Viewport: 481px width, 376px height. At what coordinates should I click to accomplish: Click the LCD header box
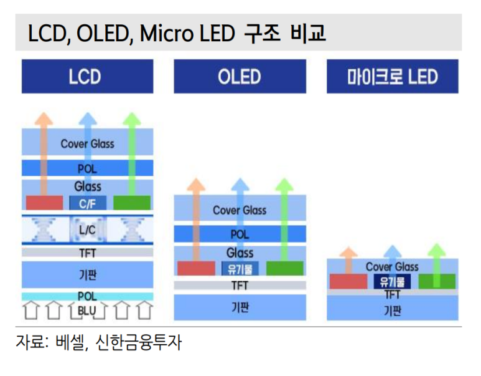pyautogui.click(x=88, y=76)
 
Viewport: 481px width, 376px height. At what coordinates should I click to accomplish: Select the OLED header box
pyautogui.click(x=240, y=76)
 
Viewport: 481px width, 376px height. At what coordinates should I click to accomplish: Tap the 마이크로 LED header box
pyautogui.click(x=393, y=76)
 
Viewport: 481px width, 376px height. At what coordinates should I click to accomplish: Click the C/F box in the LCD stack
pyautogui.click(x=88, y=203)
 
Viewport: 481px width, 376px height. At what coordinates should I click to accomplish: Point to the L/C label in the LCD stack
pyautogui.click(x=88, y=229)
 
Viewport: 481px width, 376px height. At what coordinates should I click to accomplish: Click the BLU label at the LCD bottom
pyautogui.click(x=87, y=311)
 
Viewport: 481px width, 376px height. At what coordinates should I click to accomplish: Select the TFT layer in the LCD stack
pyautogui.click(x=88, y=253)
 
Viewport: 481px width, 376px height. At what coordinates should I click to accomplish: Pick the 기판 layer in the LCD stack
pyautogui.click(x=88, y=274)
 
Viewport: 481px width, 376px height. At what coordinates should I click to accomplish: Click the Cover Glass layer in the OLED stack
pyautogui.click(x=240, y=208)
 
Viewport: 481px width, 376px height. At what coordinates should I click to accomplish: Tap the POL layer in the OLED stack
pyautogui.click(x=240, y=234)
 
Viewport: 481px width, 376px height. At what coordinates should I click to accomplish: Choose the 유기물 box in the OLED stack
pyautogui.click(x=240, y=269)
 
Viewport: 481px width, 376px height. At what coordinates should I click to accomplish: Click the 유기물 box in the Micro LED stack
pyautogui.click(x=392, y=282)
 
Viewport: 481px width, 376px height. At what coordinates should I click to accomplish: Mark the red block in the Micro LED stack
pyautogui.click(x=348, y=282)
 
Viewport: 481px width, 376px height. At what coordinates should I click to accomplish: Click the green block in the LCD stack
pyautogui.click(x=132, y=203)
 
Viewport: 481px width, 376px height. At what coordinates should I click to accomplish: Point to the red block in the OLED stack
pyautogui.click(x=197, y=268)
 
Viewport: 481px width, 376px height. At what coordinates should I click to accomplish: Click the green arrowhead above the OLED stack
pyautogui.click(x=284, y=184)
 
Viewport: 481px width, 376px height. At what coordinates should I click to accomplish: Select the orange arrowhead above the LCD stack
pyautogui.click(x=44, y=118)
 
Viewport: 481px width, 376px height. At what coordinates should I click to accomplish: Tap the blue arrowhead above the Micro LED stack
pyautogui.click(x=393, y=251)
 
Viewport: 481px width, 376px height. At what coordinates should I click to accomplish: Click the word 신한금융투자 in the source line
pyautogui.click(x=139, y=342)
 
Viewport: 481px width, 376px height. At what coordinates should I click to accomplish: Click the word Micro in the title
pyautogui.click(x=166, y=33)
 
